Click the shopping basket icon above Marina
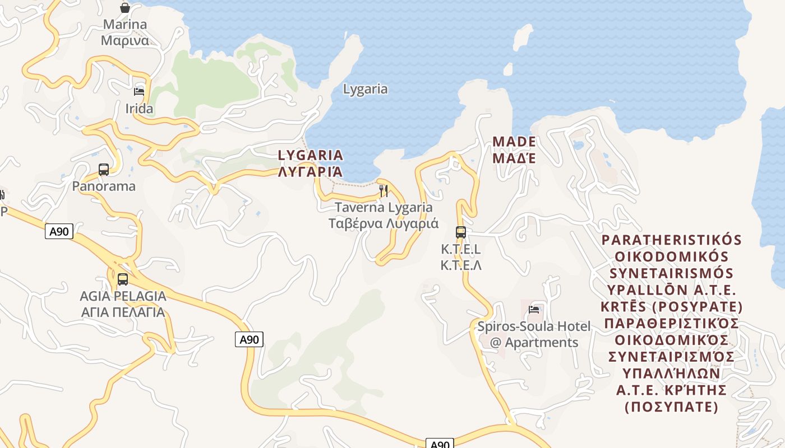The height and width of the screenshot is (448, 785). pos(124,8)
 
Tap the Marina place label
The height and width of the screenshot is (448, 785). pos(124,32)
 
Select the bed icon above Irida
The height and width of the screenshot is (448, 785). pos(139,91)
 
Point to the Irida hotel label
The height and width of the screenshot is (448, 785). pos(139,109)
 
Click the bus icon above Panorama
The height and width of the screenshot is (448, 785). pos(104,169)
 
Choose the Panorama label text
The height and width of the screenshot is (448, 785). pos(104,186)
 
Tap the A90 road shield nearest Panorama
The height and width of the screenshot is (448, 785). pos(59,231)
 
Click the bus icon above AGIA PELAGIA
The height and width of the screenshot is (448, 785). pos(123,278)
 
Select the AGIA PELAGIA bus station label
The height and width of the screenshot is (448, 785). pos(123,304)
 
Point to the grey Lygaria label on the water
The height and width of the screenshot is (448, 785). pos(365,89)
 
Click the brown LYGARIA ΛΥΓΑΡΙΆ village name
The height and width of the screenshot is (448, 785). pos(311,163)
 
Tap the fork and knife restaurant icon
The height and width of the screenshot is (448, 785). pos(384,190)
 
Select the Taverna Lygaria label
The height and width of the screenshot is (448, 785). pos(384,215)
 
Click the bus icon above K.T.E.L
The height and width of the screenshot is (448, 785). pos(461,232)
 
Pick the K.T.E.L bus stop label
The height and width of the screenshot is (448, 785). pos(461,257)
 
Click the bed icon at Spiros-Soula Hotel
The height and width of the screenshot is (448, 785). pos(534,309)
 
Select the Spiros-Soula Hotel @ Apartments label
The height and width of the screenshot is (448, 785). pos(534,334)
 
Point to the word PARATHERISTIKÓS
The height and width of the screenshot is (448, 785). pos(671,240)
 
